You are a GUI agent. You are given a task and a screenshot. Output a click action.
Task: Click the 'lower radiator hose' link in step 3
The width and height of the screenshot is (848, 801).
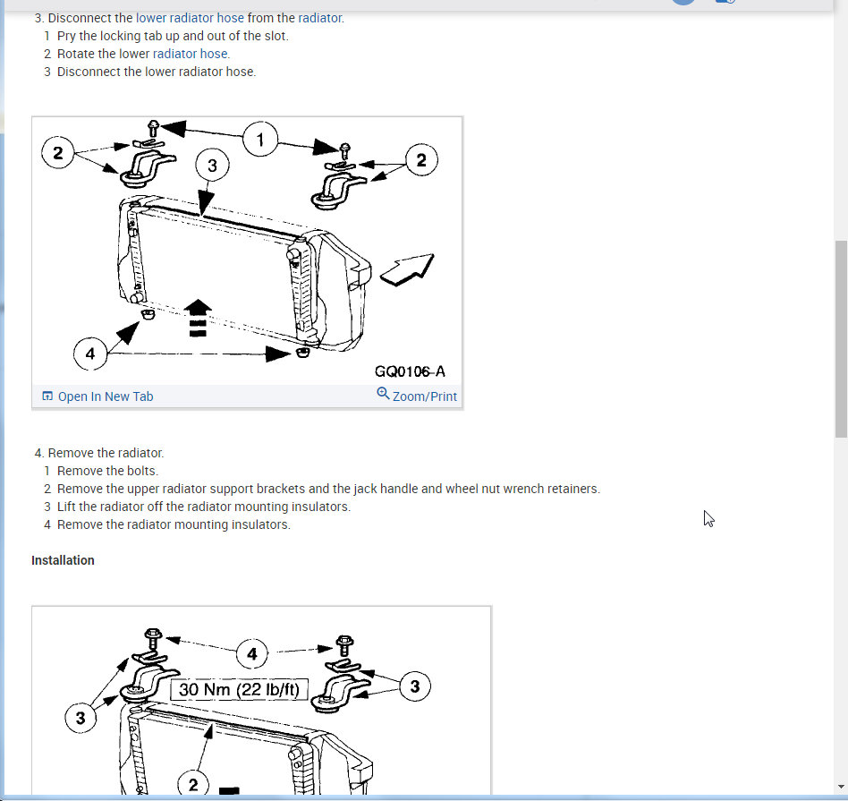pyautogui.click(x=190, y=18)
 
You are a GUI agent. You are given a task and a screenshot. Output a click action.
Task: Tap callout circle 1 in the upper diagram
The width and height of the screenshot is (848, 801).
pyautogui.click(x=260, y=140)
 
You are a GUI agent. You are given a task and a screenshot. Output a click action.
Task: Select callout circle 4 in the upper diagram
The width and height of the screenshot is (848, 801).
pyautogui.click(x=90, y=354)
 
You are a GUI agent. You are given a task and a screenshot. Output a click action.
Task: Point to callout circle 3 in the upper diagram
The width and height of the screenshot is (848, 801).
pyautogui.click(x=212, y=165)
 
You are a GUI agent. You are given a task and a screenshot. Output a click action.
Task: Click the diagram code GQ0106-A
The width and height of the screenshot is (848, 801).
pyautogui.click(x=410, y=371)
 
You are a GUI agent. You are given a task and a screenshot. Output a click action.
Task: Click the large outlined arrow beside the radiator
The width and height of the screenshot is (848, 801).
pyautogui.click(x=407, y=269)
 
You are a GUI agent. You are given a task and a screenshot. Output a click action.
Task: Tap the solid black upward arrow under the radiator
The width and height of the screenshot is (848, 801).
pyautogui.click(x=198, y=318)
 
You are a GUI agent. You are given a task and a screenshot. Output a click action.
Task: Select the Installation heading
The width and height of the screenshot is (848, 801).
pyautogui.click(x=63, y=560)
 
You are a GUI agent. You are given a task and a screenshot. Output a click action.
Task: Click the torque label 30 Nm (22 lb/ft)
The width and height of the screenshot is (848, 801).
pyautogui.click(x=239, y=689)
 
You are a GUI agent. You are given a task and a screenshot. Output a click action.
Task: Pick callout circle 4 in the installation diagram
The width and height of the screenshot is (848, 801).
pyautogui.click(x=252, y=654)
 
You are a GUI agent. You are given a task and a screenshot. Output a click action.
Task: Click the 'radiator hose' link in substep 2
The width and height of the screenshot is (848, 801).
pyautogui.click(x=191, y=54)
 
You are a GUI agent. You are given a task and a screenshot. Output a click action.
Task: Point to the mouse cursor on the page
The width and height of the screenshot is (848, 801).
pyautogui.click(x=708, y=518)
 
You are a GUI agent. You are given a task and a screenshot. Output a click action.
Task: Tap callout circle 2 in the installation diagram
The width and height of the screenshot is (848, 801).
pyautogui.click(x=193, y=784)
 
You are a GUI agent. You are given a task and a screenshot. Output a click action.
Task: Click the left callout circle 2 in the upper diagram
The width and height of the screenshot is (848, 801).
pyautogui.click(x=58, y=153)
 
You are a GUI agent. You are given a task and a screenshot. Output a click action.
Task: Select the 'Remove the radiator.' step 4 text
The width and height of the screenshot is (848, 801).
pyautogui.click(x=106, y=453)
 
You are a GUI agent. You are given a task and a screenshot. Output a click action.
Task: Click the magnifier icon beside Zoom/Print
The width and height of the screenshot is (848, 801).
pyautogui.click(x=383, y=394)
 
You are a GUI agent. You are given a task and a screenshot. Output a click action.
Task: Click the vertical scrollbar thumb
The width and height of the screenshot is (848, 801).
pyautogui.click(x=841, y=339)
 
